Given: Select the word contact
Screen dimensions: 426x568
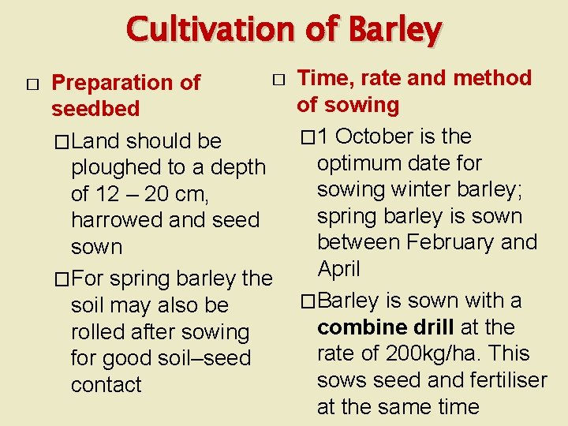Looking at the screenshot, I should [x=106, y=385].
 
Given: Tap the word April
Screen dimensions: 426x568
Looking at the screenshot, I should [x=338, y=269].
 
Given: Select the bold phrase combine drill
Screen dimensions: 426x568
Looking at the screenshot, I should [x=383, y=327].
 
